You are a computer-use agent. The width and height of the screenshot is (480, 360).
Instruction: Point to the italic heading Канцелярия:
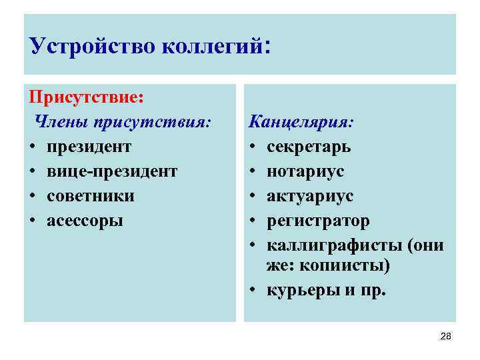click(x=301, y=122)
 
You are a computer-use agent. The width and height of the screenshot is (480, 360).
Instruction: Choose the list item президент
click(x=89, y=146)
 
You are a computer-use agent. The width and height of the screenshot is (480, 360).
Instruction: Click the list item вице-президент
click(x=112, y=171)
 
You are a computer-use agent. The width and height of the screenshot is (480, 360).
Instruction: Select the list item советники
click(x=91, y=196)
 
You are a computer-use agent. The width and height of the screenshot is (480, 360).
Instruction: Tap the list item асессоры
click(x=85, y=221)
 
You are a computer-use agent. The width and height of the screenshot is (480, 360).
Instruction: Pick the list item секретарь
click(x=309, y=147)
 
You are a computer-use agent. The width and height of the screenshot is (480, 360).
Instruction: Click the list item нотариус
click(x=305, y=171)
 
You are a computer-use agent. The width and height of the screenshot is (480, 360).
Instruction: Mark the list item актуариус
click(x=310, y=196)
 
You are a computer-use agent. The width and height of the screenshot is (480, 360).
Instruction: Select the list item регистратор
click(x=318, y=221)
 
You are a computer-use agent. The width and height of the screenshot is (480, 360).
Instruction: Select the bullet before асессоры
click(x=33, y=221)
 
